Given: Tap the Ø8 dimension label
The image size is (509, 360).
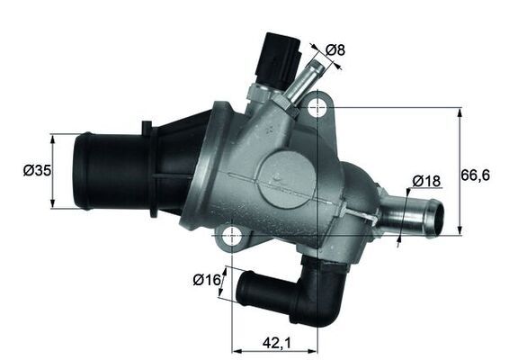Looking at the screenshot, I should tap(335, 50).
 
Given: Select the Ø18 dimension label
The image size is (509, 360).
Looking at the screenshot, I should tap(426, 181).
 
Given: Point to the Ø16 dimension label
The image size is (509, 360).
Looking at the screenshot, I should tap(206, 280).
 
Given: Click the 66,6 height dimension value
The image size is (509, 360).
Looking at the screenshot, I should tap(479, 175).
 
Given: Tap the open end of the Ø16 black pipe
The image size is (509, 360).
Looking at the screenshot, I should tap(243, 290).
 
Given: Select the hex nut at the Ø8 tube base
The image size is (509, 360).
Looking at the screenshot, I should tap(278, 98).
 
